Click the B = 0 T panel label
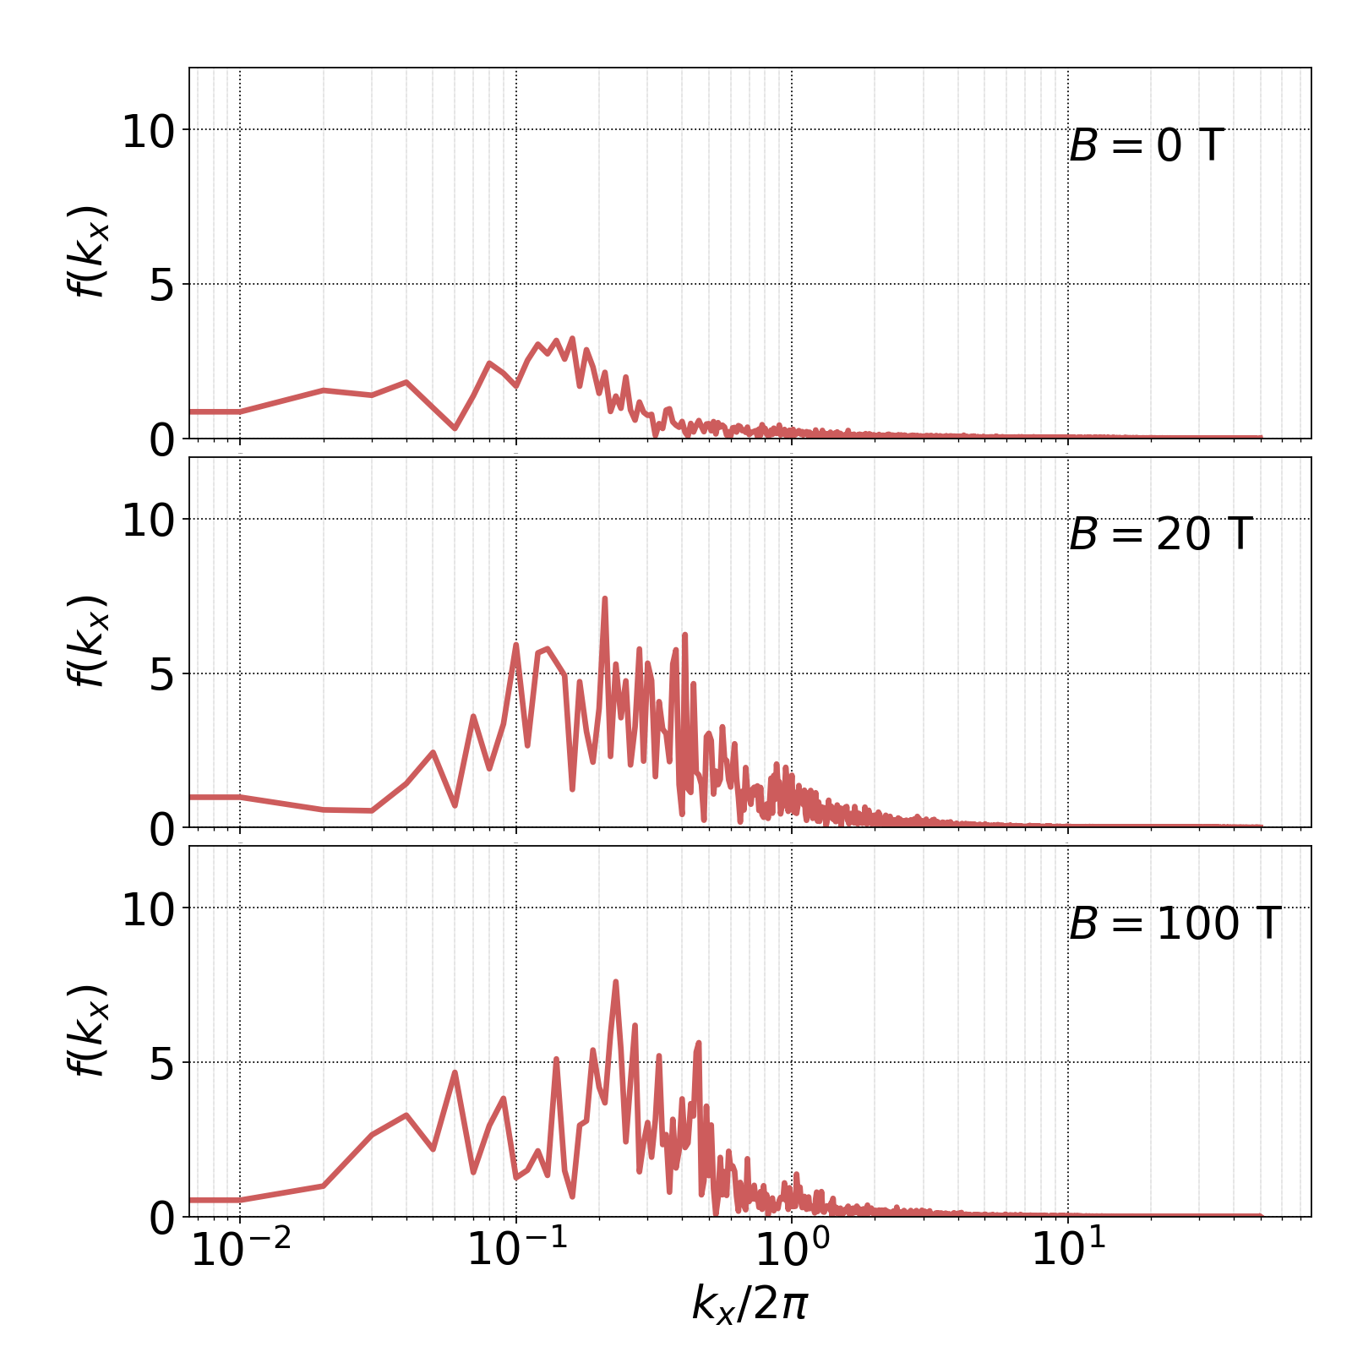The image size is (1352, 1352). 1146,146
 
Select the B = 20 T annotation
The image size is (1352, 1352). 1159,535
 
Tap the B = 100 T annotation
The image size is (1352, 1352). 1175,924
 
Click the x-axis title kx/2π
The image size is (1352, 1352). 750,1303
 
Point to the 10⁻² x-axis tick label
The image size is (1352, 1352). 241,1250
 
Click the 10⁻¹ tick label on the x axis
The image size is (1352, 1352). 516,1250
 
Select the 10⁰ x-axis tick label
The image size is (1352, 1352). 792,1250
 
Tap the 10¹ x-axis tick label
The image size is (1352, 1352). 1068,1250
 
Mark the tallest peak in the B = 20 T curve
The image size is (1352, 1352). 605,598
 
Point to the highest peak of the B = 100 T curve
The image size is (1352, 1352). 615,982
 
